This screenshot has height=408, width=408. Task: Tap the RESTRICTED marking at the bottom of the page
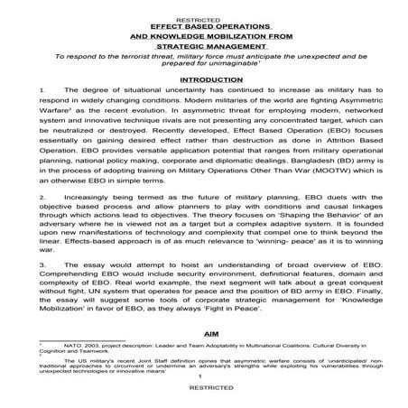(x=203, y=397)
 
